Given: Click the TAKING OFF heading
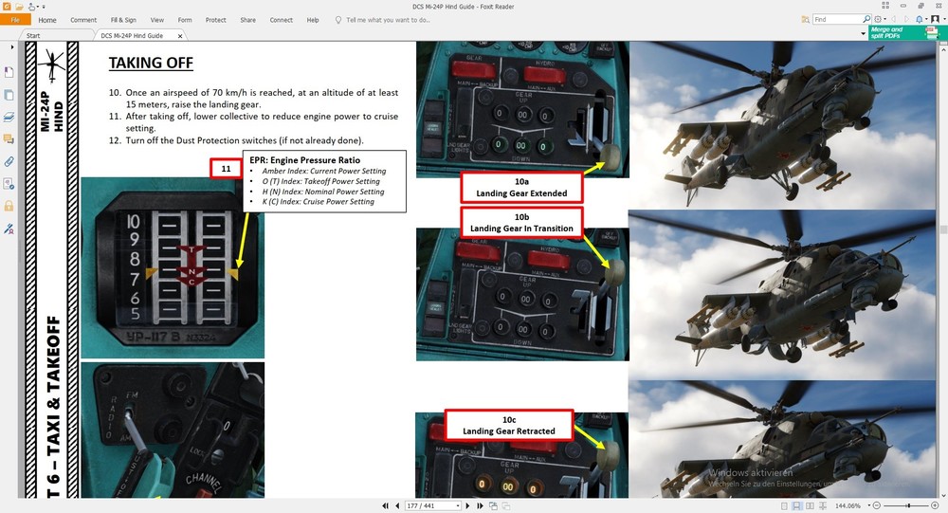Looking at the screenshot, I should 151,64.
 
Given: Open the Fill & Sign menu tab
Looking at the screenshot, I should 122,19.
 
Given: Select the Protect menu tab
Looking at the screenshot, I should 215,19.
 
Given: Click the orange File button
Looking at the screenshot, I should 14,19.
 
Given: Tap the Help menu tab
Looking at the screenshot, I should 313,19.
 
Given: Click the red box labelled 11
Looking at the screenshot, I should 226,169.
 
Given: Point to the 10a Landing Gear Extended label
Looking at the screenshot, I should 521,187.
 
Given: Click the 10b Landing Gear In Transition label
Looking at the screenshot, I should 521,222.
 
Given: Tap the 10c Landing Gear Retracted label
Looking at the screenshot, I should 508,425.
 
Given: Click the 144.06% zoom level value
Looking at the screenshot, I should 845,506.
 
